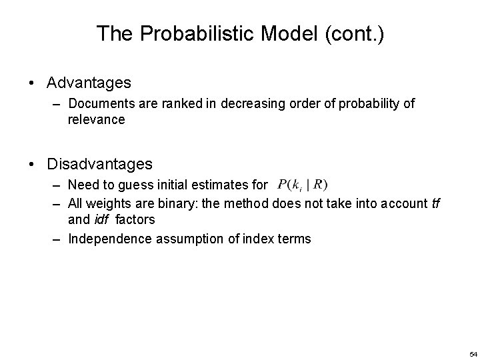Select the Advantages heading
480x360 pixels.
click(89, 83)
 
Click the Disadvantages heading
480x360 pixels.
click(100, 163)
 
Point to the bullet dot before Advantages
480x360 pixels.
click(32, 83)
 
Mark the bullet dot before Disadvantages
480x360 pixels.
click(32, 164)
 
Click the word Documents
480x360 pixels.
click(98, 104)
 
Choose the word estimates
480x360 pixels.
click(223, 185)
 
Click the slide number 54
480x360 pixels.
click(473, 353)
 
